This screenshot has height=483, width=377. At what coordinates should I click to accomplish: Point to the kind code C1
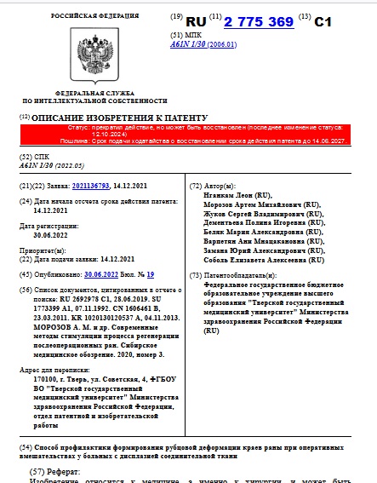click(323, 21)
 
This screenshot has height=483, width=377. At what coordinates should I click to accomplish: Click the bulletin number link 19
click(150, 274)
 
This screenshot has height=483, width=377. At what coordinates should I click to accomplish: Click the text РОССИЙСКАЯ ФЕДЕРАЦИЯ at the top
click(89, 16)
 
